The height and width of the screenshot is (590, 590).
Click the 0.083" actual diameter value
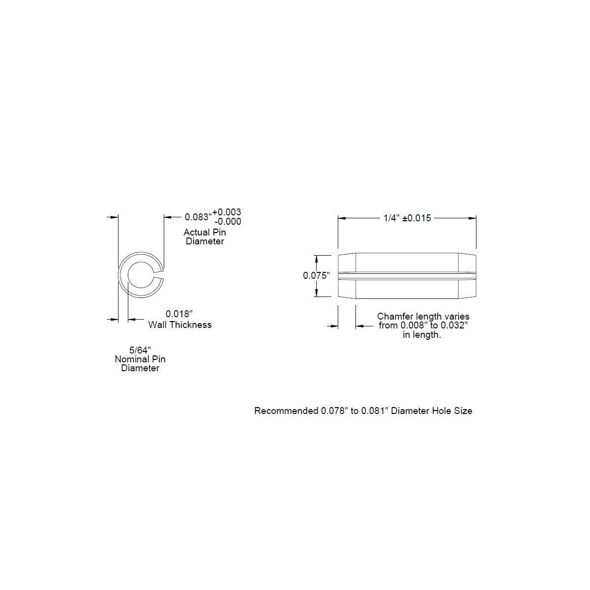point(198,217)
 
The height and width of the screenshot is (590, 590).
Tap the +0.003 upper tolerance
point(227,212)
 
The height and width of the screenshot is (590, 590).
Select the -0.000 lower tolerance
point(228,221)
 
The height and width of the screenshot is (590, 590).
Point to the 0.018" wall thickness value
point(179,314)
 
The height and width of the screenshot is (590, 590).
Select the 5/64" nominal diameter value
point(140,350)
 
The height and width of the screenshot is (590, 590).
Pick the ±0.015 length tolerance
point(417,218)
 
